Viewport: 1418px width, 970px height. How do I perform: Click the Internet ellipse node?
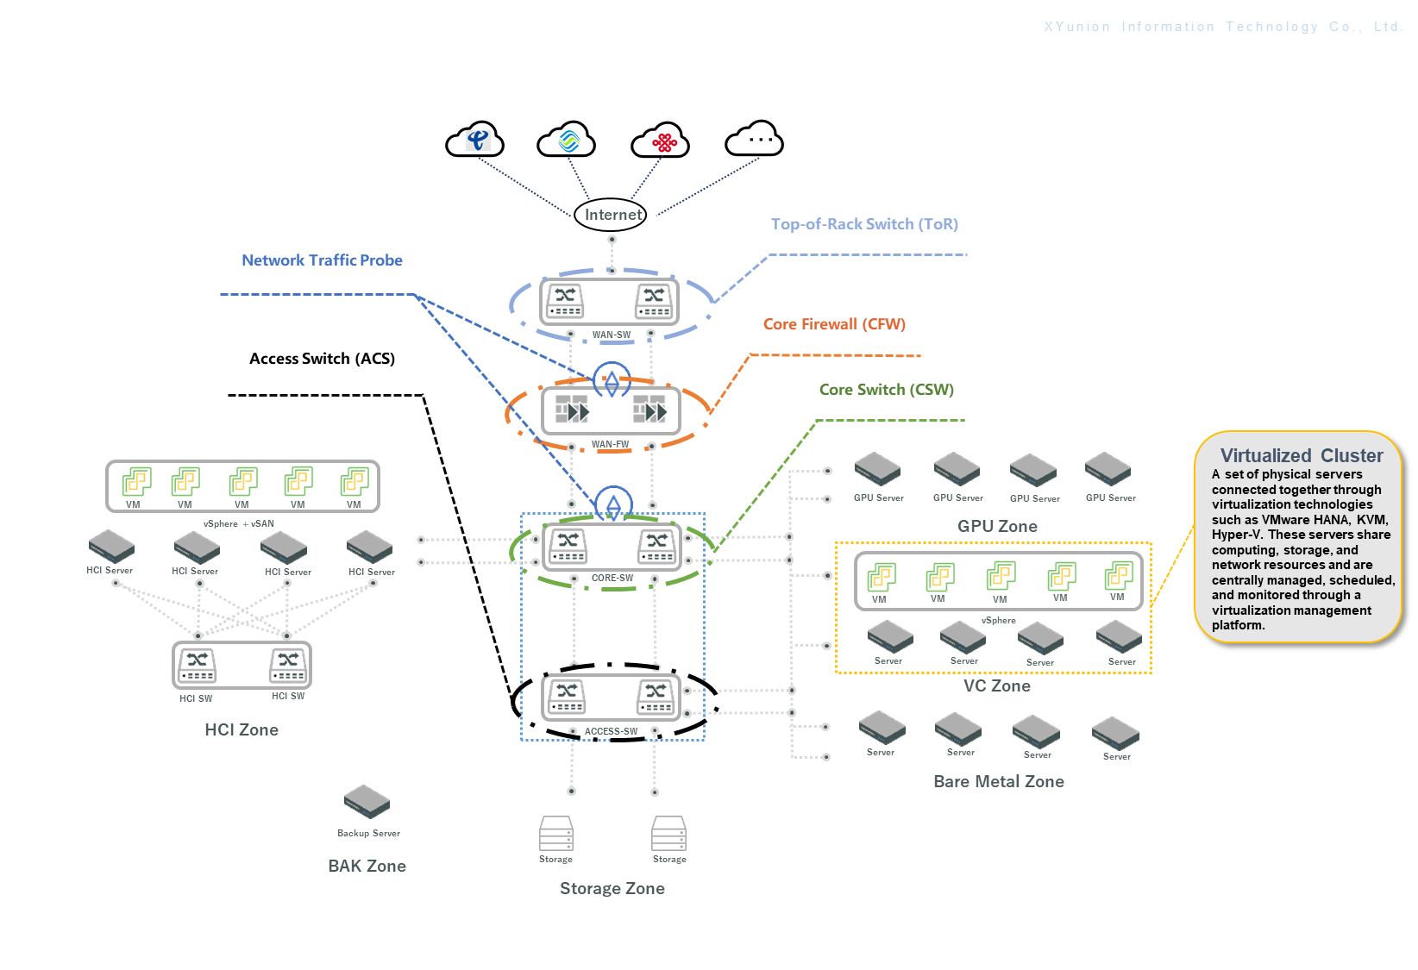(612, 215)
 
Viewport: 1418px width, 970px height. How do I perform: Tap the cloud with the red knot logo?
(661, 141)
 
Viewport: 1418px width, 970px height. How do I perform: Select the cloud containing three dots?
(755, 139)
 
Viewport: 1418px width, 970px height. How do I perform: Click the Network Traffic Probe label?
(322, 260)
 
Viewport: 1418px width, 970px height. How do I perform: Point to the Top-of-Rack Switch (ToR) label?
(864, 224)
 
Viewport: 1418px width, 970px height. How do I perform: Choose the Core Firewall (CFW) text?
(834, 324)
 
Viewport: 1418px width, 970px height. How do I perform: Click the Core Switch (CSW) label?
(886, 390)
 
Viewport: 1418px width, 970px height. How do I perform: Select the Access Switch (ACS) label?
(322, 359)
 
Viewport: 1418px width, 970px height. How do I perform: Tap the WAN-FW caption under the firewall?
(610, 445)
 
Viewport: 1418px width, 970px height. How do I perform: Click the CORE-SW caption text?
(612, 579)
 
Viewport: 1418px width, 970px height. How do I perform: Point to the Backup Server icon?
(367, 802)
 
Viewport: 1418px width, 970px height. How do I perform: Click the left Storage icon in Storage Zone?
(555, 834)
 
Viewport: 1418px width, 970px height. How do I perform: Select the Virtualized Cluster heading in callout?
(1301, 455)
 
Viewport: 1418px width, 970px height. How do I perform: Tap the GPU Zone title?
(997, 526)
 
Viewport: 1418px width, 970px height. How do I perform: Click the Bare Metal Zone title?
(999, 781)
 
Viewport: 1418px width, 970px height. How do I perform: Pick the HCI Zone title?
(242, 729)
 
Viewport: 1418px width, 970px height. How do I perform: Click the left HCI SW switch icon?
(197, 665)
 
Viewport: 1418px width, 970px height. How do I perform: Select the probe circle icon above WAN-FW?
(612, 380)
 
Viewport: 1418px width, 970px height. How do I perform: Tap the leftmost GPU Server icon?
(877, 469)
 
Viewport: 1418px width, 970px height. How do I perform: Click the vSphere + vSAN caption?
(239, 523)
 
